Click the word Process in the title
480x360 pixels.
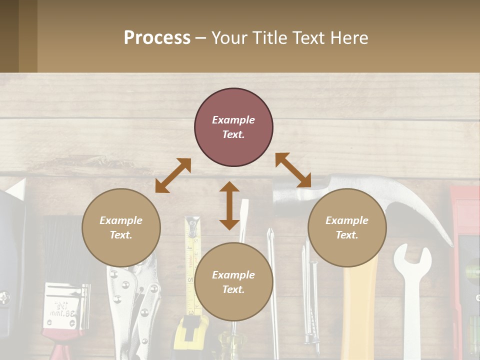coord(157,37)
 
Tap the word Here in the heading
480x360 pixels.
coord(348,37)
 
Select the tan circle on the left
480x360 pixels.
coord(121,227)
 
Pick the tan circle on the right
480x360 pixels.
coord(347,227)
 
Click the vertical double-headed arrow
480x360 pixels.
coord(229,205)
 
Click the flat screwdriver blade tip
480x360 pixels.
coord(244,210)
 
